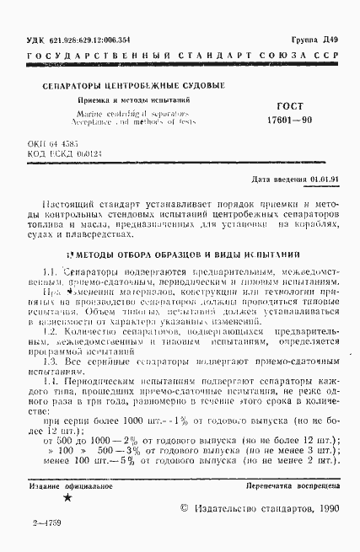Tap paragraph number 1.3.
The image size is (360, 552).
(x=48, y=361)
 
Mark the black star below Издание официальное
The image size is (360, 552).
(x=67, y=499)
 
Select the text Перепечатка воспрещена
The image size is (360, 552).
(x=292, y=487)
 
